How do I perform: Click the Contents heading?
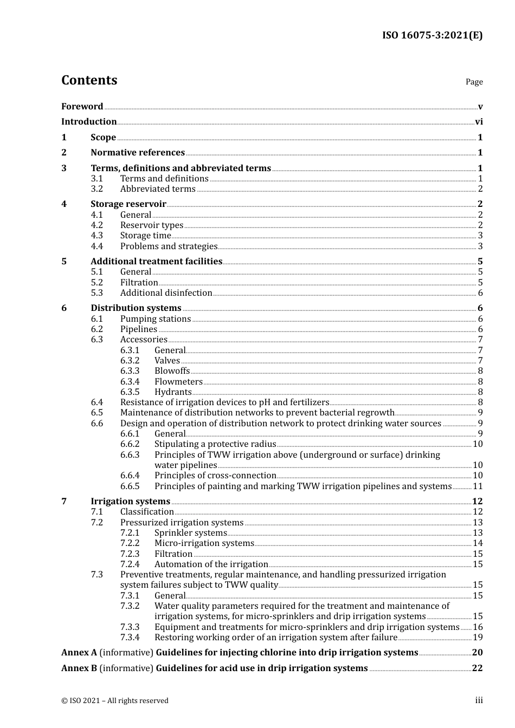click(x=89, y=80)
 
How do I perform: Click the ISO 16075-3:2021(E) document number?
click(x=432, y=36)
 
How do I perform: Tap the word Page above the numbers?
click(x=474, y=82)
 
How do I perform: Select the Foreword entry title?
click(x=82, y=107)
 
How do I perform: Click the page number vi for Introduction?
click(x=479, y=122)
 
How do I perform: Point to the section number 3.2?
click(x=96, y=189)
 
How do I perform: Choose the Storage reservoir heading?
click(x=128, y=204)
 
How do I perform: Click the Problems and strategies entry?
click(x=169, y=246)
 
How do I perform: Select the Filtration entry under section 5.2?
click(x=139, y=283)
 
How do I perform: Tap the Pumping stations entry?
click(x=155, y=319)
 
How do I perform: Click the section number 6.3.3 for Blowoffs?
click(x=130, y=371)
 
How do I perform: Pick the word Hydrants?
click(x=173, y=392)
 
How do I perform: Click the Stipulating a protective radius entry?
click(x=215, y=444)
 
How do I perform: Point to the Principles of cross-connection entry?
click(x=215, y=476)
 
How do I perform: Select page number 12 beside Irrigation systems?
click(x=477, y=502)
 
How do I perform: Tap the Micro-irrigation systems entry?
click(x=204, y=543)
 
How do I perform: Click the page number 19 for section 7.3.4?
click(x=478, y=638)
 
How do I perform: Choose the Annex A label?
click(x=79, y=653)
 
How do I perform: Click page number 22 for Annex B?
click(x=477, y=668)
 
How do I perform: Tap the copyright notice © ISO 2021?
click(x=114, y=701)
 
